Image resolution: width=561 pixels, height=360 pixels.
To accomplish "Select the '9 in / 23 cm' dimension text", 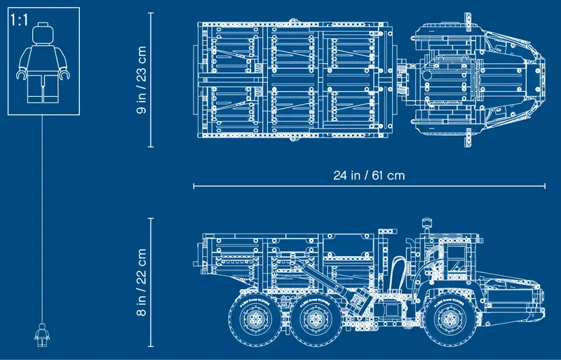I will (x=141, y=80).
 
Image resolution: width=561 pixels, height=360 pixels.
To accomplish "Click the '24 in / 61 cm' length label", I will (x=369, y=175).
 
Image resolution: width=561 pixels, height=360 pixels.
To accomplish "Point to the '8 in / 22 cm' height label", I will (x=141, y=281).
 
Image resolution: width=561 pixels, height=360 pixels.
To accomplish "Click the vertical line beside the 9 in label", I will (x=151, y=80).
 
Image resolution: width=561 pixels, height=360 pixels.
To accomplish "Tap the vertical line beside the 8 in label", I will (x=151, y=281).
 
